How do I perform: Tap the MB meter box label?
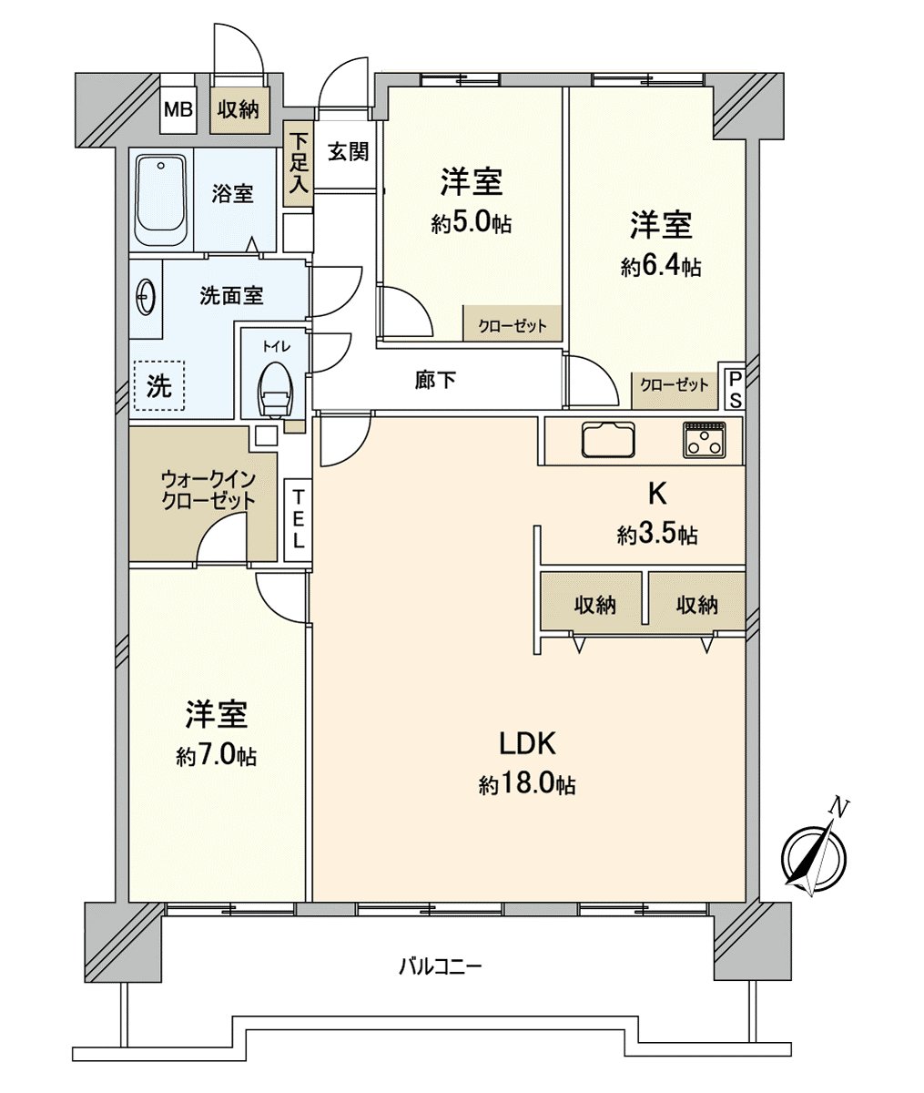[x=178, y=110]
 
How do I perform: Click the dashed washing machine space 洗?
[x=159, y=386]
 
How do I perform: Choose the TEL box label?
[x=298, y=519]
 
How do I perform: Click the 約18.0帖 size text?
[x=527, y=785]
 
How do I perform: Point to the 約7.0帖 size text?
[x=216, y=756]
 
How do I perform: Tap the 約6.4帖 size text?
[x=661, y=267]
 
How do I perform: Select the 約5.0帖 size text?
[x=471, y=224]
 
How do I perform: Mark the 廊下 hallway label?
[x=435, y=380]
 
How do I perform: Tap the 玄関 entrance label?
[x=348, y=151]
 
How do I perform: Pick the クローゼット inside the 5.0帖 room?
[x=513, y=326]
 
